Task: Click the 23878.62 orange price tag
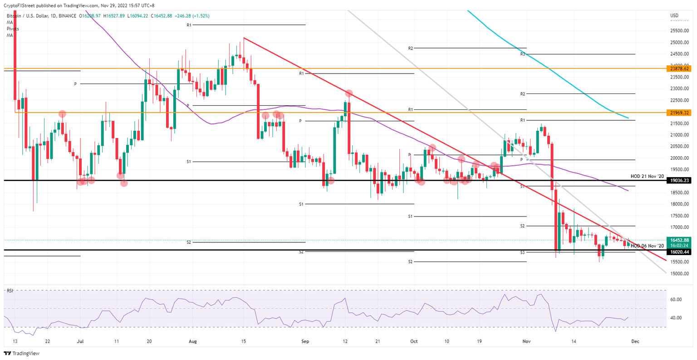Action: tap(679, 69)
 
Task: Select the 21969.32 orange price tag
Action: tap(679, 112)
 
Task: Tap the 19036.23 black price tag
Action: tap(679, 180)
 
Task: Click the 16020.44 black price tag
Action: tap(679, 252)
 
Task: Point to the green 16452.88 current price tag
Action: tap(679, 240)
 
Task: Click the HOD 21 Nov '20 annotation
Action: tap(647, 176)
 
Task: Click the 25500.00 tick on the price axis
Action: tap(680, 31)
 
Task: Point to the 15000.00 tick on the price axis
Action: tap(680, 274)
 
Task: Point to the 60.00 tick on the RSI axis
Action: tap(676, 299)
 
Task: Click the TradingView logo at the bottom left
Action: tap(22, 353)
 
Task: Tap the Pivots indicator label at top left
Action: tap(13, 29)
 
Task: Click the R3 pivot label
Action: tap(523, 54)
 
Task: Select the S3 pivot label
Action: tap(523, 252)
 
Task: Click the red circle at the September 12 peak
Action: tap(348, 93)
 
